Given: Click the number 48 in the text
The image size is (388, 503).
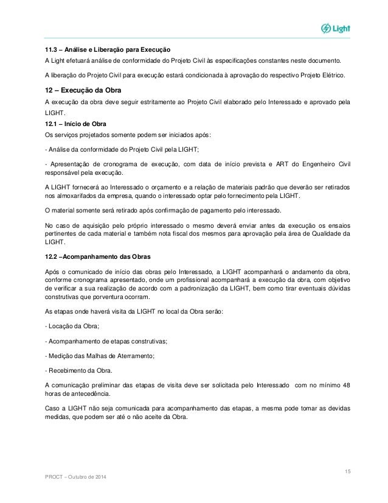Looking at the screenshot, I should [x=345, y=385].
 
